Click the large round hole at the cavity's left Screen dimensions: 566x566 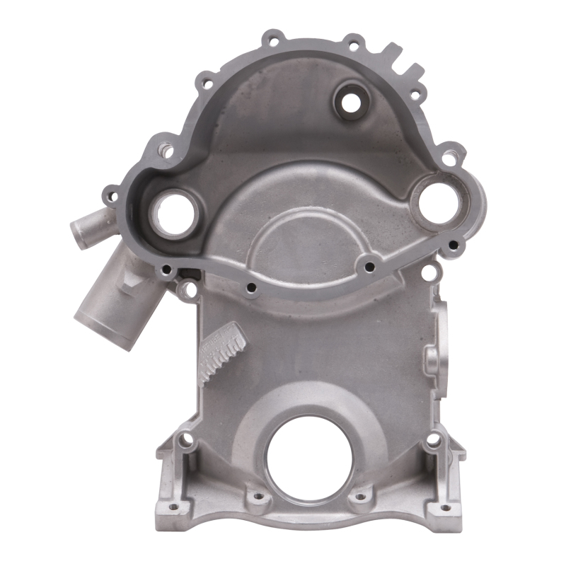[x=171, y=214]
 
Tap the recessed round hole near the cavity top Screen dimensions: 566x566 [x=350, y=103]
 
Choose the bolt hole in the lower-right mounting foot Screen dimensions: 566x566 [x=433, y=440]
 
